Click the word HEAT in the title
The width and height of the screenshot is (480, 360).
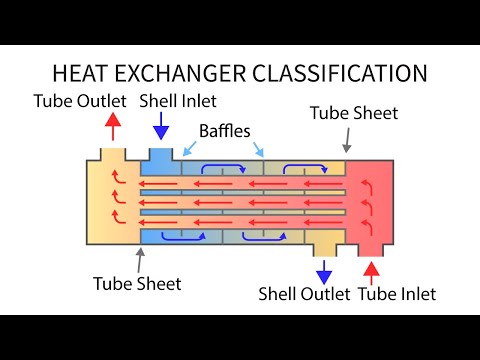(86, 73)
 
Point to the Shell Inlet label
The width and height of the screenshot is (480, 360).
(178, 101)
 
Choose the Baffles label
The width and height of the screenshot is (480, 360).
(226, 130)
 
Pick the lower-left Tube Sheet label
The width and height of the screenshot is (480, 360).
(136, 283)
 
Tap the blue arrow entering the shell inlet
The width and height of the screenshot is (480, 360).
(160, 127)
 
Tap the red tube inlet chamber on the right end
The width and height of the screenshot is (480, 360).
(372, 200)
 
